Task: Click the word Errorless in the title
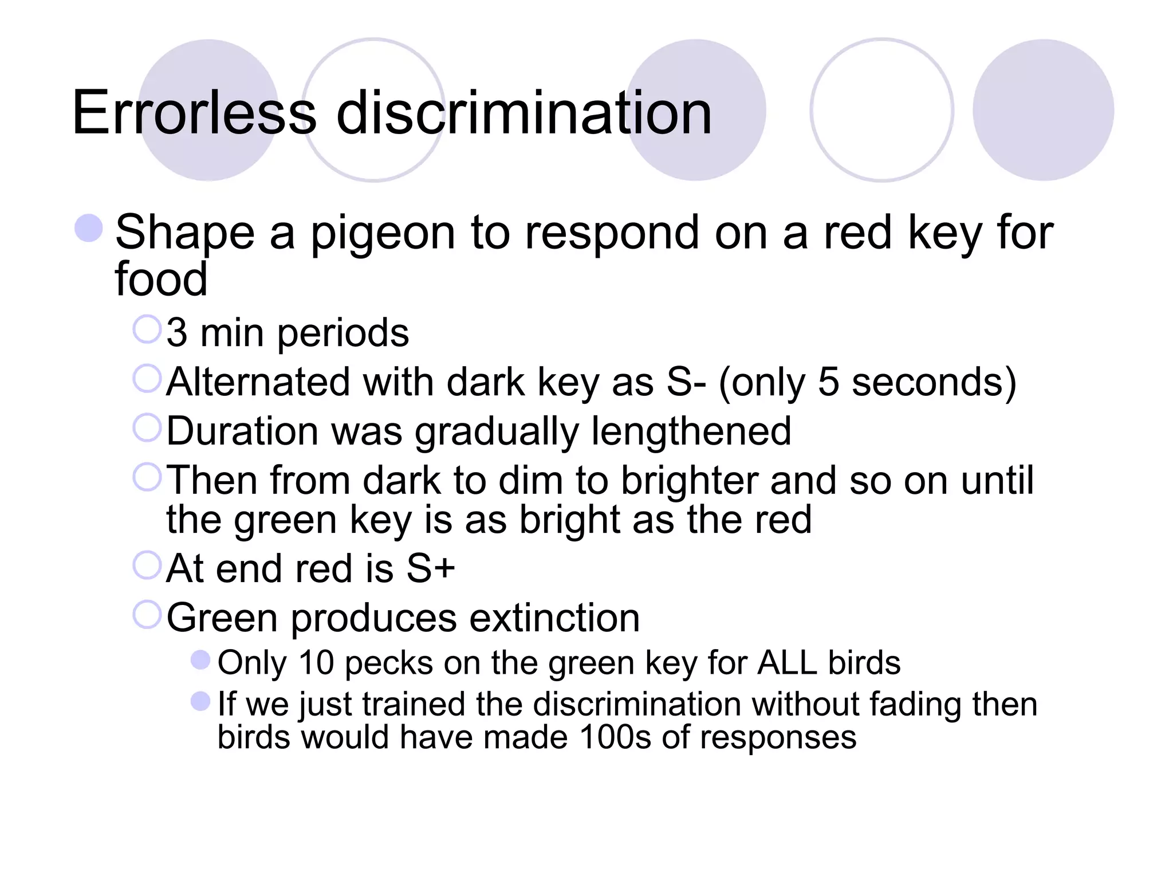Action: pyautogui.click(x=194, y=113)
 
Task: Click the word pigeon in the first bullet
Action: pyautogui.click(x=383, y=234)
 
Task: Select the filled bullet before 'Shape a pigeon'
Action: pyautogui.click(x=89, y=228)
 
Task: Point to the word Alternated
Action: pyautogui.click(x=258, y=382)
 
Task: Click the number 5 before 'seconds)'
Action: pyautogui.click(x=828, y=382)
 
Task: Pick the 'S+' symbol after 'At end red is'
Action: pyautogui.click(x=431, y=569)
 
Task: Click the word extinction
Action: pyautogui.click(x=554, y=618)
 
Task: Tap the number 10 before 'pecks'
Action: pyautogui.click(x=316, y=663)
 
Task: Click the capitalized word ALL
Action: pyautogui.click(x=786, y=663)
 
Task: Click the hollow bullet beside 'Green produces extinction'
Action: pyautogui.click(x=147, y=615)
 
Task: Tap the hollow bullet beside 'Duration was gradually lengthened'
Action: pyautogui.click(x=147, y=428)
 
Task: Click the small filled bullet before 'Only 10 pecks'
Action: pyautogui.click(x=200, y=660)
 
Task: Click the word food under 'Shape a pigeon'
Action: pyautogui.click(x=161, y=280)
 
